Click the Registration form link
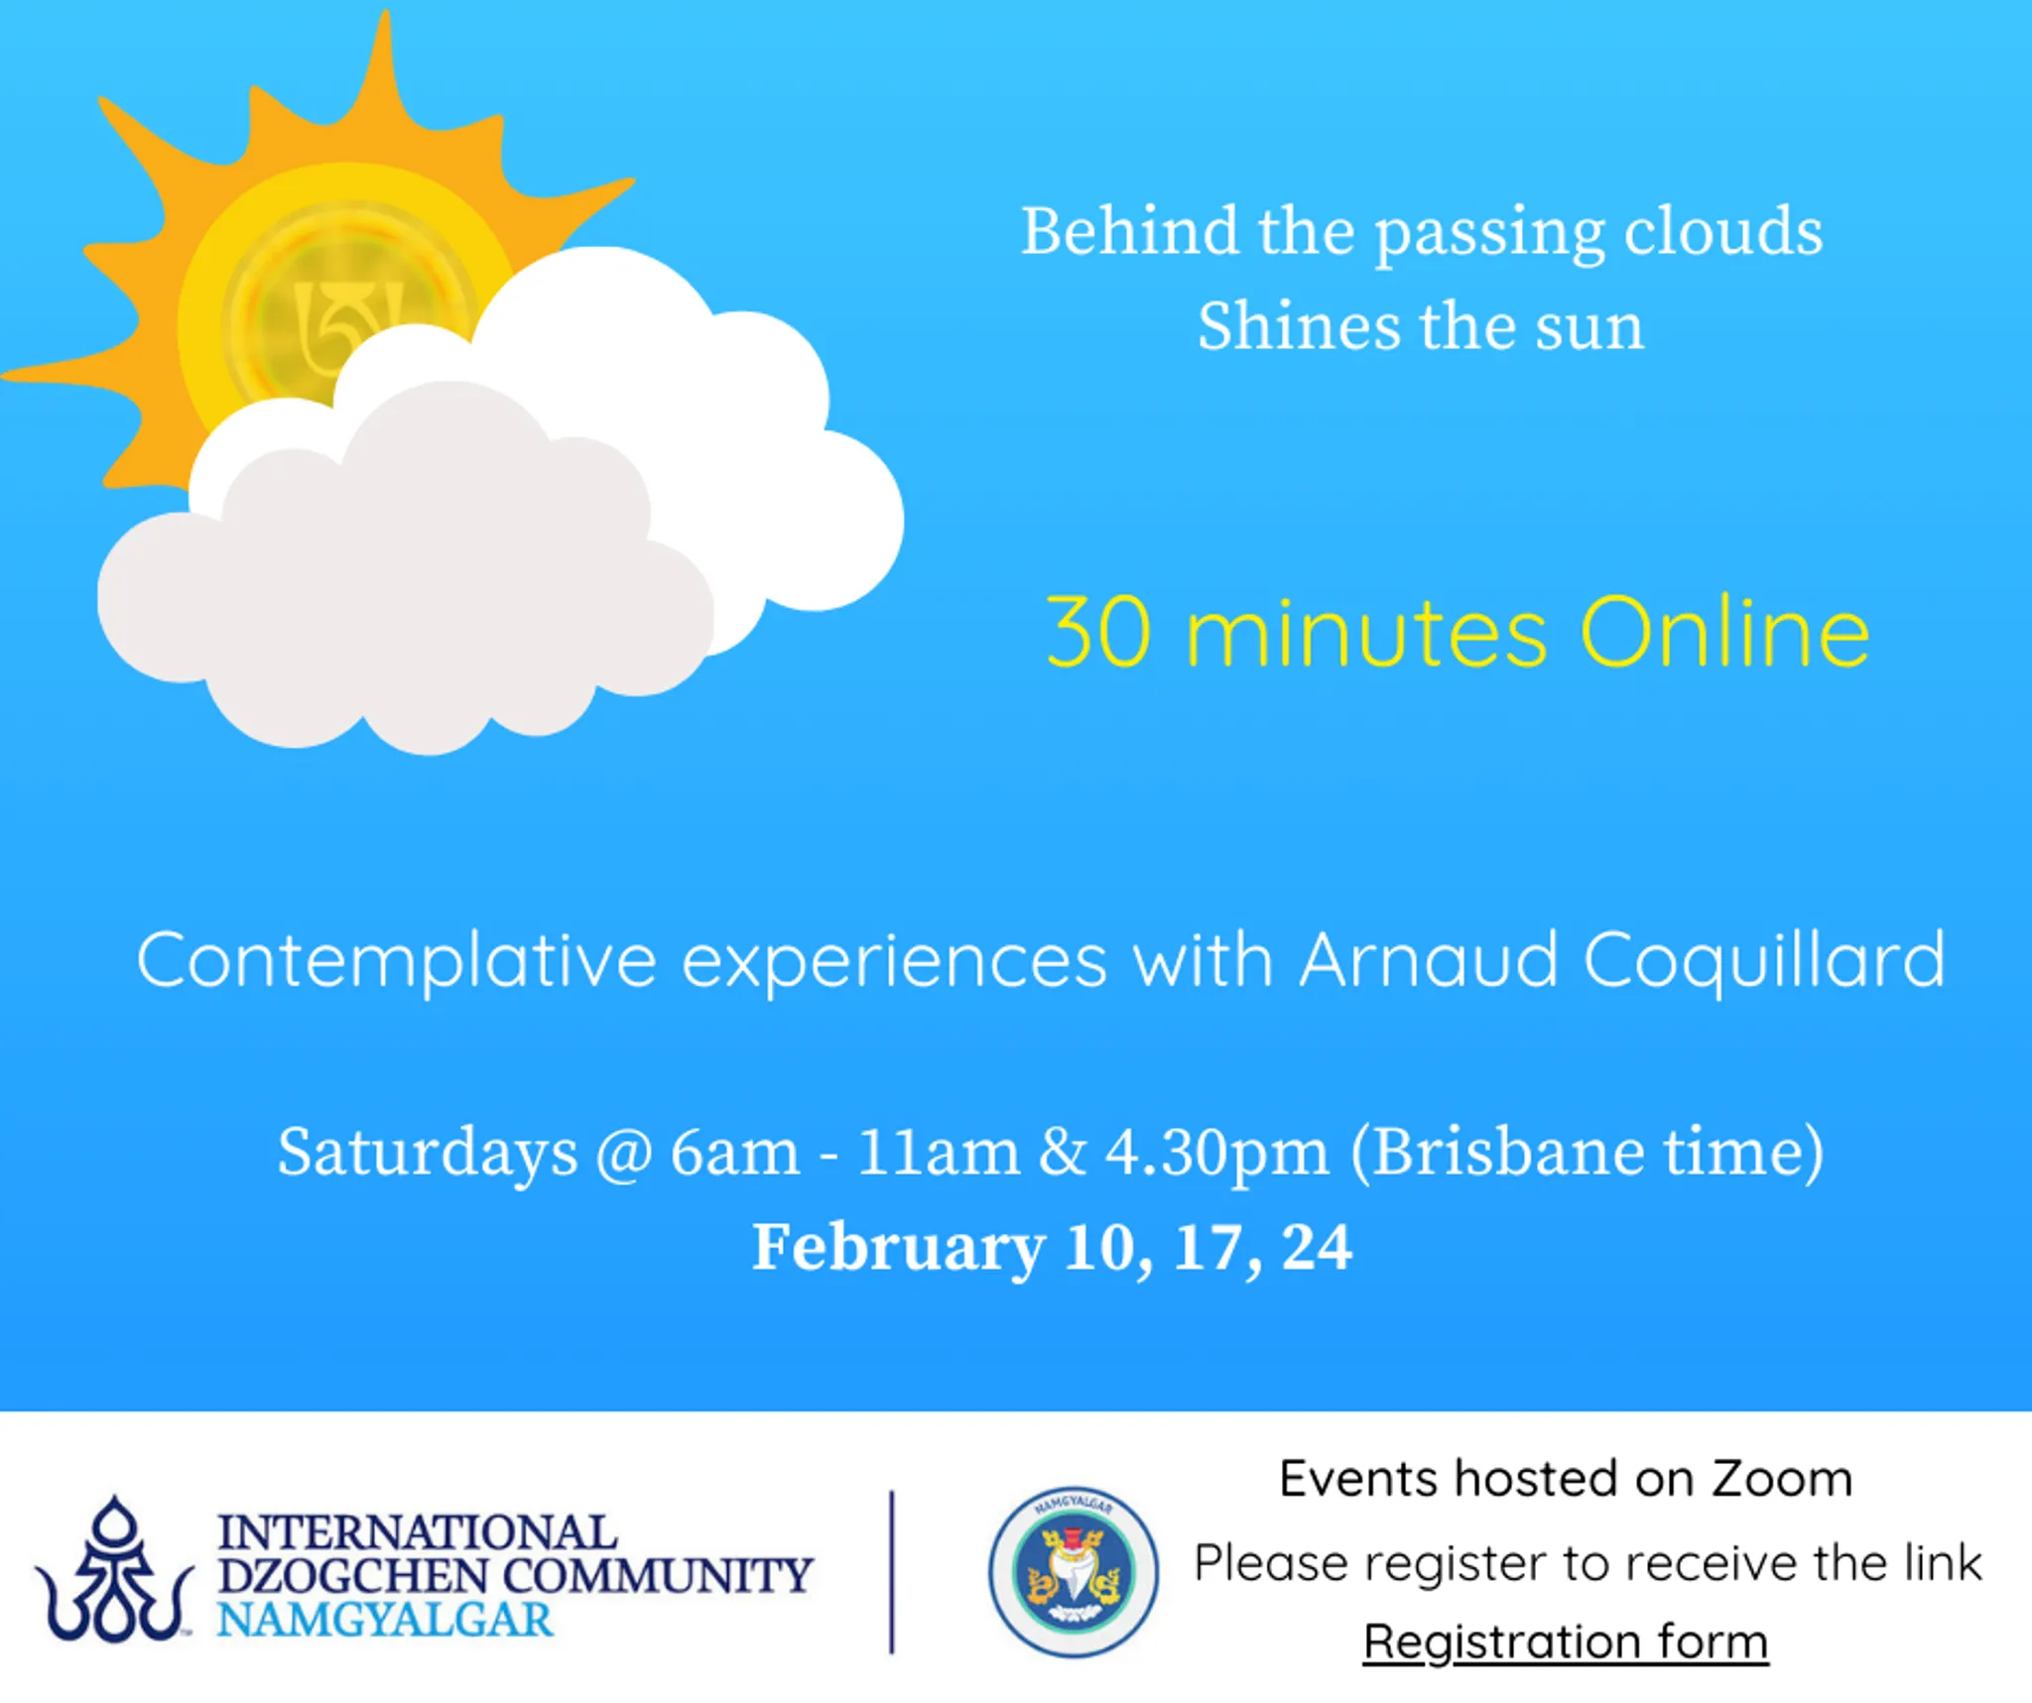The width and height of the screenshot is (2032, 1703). (1566, 1642)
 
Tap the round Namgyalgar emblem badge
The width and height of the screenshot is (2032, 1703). (1074, 1571)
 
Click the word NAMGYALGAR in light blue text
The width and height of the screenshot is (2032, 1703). (385, 1620)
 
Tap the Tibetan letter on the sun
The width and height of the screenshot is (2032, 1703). (347, 322)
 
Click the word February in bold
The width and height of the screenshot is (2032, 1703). (899, 1247)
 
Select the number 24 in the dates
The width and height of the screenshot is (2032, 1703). (1317, 1246)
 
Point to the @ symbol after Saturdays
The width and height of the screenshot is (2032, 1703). (623, 1154)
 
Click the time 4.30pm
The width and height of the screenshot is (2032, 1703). (1217, 1154)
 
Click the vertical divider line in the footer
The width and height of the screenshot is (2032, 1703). (892, 1572)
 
